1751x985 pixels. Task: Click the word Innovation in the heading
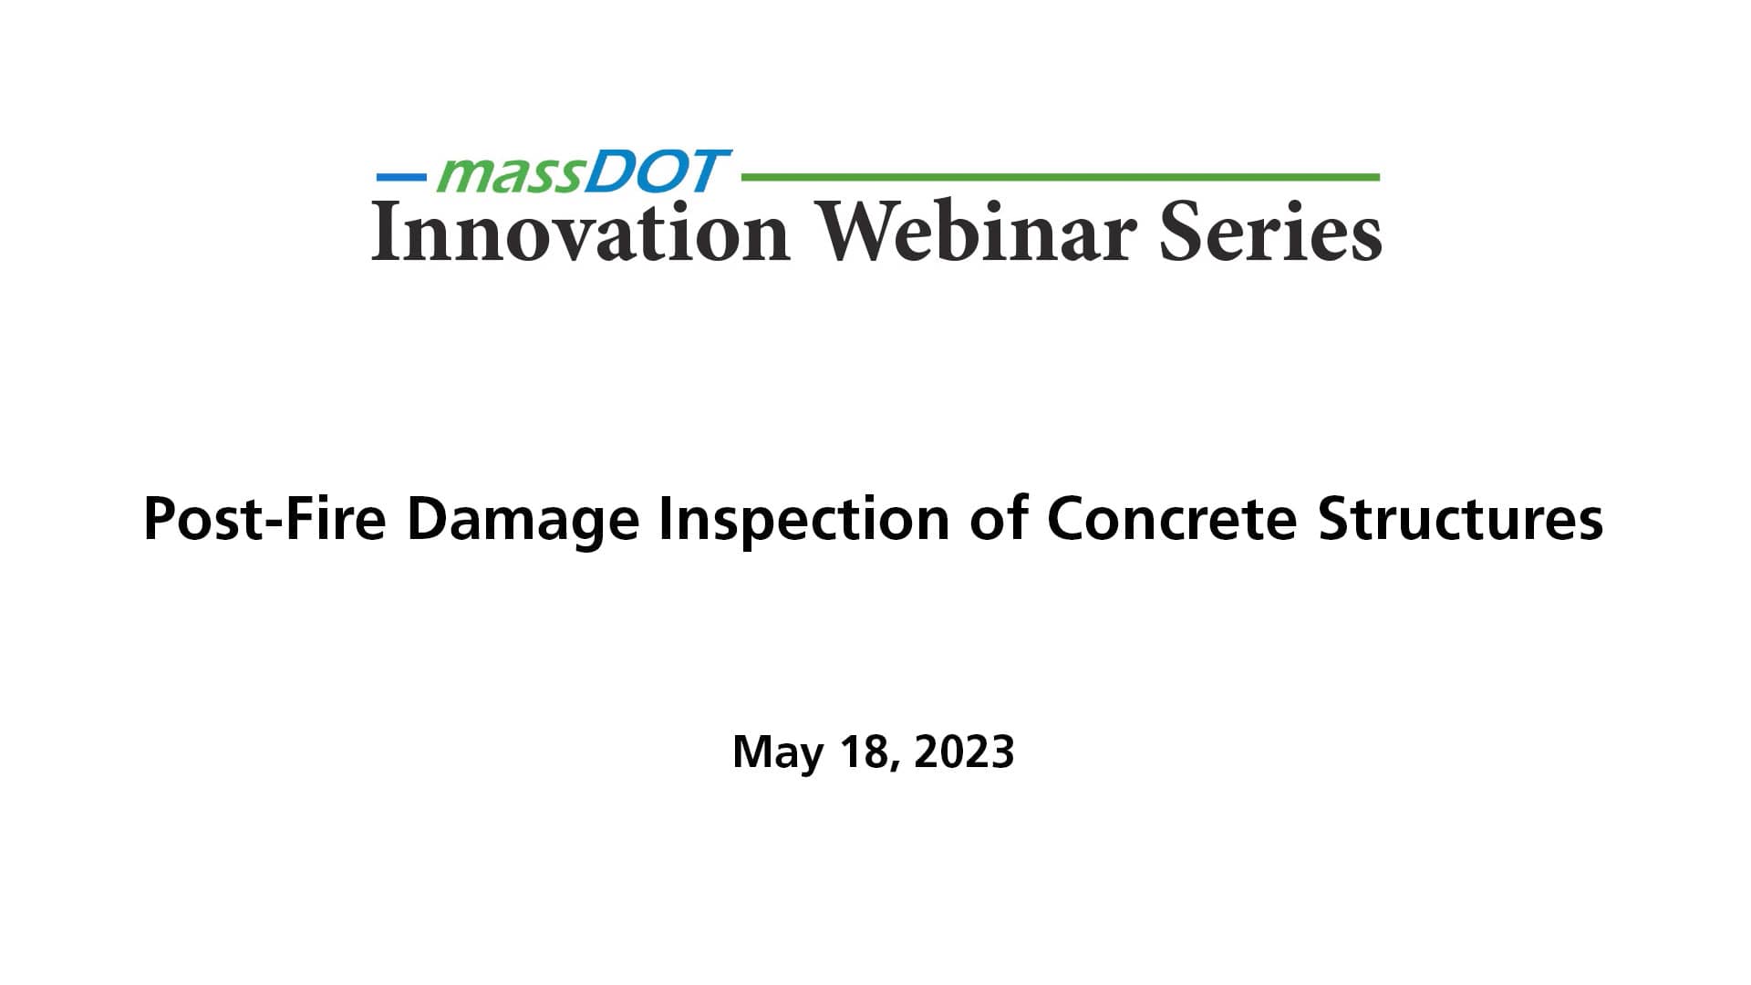[x=580, y=233]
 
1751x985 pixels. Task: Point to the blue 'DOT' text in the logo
[x=657, y=172]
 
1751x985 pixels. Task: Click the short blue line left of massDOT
[x=401, y=177]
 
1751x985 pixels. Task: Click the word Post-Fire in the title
[x=265, y=520]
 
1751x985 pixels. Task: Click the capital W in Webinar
[x=859, y=233]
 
